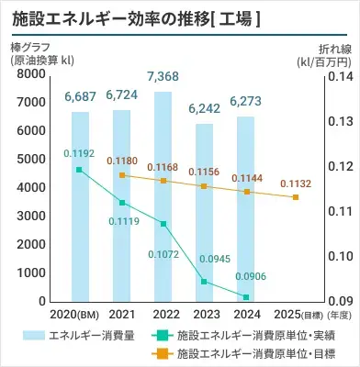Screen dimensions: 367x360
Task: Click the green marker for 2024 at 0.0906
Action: pos(246,296)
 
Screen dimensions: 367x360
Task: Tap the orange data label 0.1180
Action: pos(122,160)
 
